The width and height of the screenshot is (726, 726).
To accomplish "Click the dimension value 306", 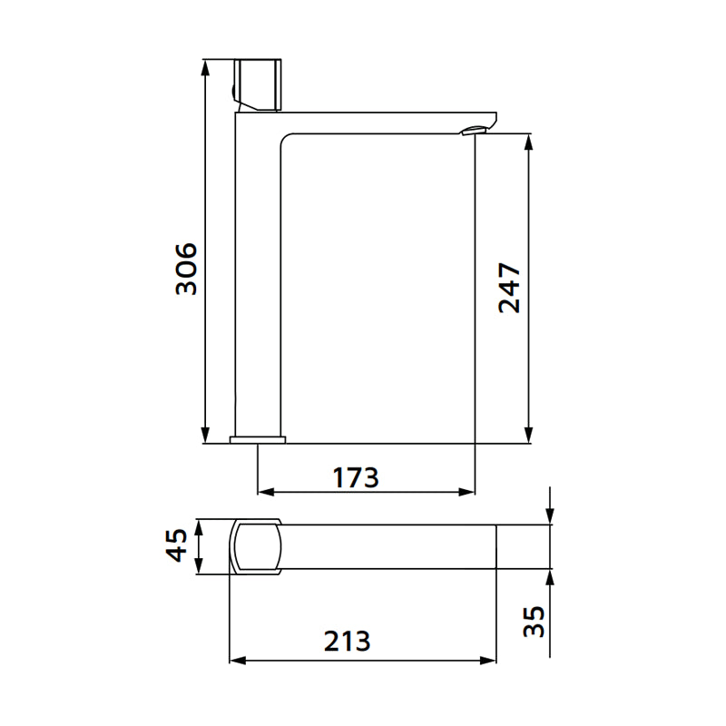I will point(186,269).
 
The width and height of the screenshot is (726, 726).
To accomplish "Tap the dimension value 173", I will point(354,476).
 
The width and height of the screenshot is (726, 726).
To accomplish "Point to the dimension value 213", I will point(347,642).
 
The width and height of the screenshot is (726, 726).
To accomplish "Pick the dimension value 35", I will point(535,621).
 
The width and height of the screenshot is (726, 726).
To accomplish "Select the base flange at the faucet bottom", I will point(258,440).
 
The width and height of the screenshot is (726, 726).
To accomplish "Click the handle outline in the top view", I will point(255,547).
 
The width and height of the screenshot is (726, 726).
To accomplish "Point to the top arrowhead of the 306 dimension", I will point(206,66).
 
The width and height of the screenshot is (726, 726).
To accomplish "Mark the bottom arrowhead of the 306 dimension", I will point(206,437).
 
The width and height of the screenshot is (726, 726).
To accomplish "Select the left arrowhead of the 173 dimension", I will point(265,492).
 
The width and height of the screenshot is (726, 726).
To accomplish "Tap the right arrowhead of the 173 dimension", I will point(468,492).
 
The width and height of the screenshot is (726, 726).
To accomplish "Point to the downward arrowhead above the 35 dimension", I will point(550,516).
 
